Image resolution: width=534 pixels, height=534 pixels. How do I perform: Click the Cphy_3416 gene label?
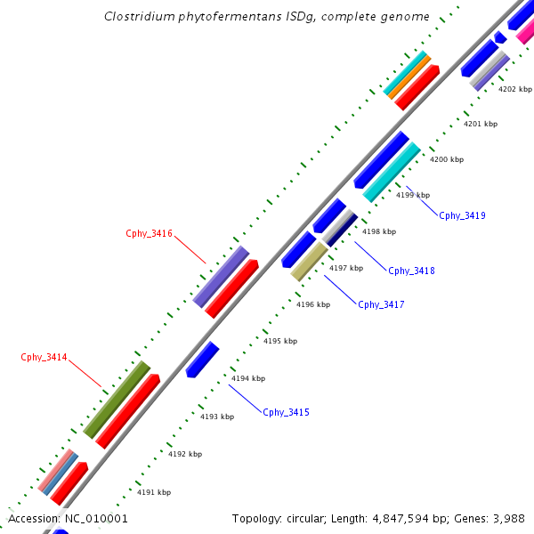pos(149,233)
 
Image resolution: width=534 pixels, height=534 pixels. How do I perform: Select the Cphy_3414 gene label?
pos(44,357)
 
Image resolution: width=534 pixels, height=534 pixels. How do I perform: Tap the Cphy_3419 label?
pos(462,215)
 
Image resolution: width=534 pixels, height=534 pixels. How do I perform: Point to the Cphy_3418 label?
pos(411,271)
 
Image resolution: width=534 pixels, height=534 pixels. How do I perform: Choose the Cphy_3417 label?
pos(381,304)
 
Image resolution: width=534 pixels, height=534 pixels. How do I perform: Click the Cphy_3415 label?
pos(286,412)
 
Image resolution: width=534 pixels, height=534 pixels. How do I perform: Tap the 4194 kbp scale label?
pos(248,378)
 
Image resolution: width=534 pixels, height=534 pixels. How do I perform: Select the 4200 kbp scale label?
pos(447,159)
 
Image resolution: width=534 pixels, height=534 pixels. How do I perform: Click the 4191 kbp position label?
pos(154,491)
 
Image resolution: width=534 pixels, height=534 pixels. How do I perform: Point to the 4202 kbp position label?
pos(514,89)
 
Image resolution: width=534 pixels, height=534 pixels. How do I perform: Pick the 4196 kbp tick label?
pos(313,304)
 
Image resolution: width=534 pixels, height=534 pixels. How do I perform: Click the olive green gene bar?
pos(117,399)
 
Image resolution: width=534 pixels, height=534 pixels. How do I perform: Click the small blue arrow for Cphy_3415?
pos(202,359)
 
